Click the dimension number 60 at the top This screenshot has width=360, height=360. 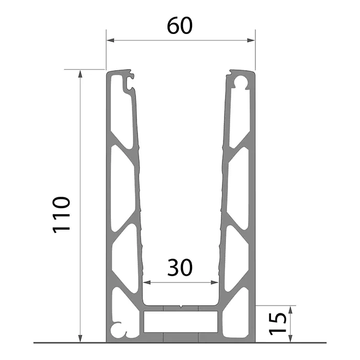click(179, 26)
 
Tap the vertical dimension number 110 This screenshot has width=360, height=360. click(61, 215)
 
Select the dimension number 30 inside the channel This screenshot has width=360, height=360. click(180, 267)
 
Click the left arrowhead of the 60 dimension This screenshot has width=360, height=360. click(110, 40)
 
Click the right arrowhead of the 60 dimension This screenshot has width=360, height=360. click(251, 40)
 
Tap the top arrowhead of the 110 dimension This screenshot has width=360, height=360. click(80, 74)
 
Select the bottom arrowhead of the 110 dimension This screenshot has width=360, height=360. click(80, 339)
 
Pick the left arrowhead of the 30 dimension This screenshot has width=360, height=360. click(147, 283)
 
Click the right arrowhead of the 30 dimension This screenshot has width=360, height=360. click(214, 283)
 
